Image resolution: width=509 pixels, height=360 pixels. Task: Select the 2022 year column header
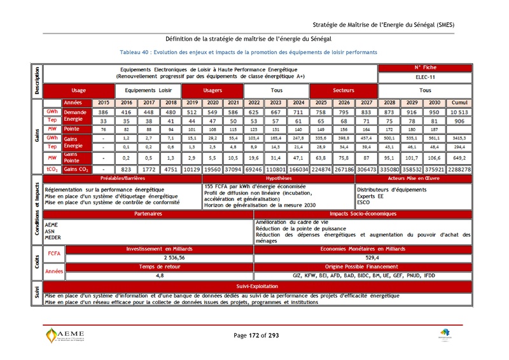click(x=254, y=102)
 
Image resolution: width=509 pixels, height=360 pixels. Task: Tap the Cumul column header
click(x=458, y=102)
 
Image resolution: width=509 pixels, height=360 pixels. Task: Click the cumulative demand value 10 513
click(x=458, y=111)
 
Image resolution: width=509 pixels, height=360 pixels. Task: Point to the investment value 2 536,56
click(x=160, y=258)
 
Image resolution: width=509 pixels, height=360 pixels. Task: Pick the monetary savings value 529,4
click(x=363, y=258)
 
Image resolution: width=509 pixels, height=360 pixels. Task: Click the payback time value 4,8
click(x=160, y=276)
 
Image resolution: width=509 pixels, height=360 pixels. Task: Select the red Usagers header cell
click(x=213, y=90)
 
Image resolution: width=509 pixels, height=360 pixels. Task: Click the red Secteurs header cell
click(x=344, y=90)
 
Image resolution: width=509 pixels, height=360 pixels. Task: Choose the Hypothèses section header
click(x=279, y=179)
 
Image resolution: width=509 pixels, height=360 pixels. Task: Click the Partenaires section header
click(x=148, y=214)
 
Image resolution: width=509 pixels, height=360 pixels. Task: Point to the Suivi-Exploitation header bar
click(x=257, y=287)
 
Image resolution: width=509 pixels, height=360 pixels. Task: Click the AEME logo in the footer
click(x=66, y=335)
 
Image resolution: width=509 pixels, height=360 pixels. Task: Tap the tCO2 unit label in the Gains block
click(x=52, y=169)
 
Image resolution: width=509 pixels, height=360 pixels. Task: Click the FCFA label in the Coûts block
click(x=53, y=253)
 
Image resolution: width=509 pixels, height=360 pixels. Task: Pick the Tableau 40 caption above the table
click(x=248, y=52)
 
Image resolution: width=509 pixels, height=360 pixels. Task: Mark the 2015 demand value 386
click(x=103, y=111)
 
